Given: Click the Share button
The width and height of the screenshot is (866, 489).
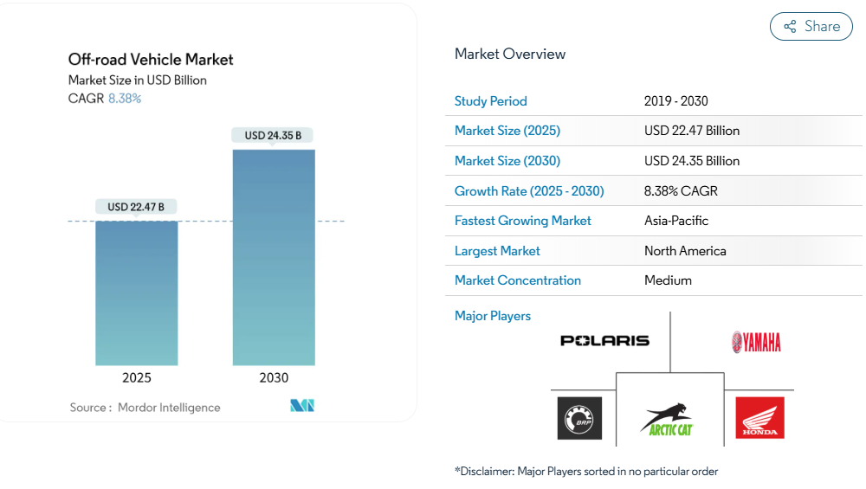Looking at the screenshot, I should [x=811, y=27].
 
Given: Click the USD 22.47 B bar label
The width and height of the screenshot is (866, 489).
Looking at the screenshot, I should [x=137, y=207].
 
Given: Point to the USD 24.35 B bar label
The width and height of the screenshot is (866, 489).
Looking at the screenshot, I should [x=273, y=135].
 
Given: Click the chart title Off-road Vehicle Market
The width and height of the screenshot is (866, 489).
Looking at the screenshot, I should [x=151, y=60].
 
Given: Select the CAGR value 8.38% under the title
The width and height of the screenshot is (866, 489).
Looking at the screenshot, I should [x=125, y=99].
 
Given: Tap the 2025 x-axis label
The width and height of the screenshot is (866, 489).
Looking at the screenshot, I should [x=137, y=378].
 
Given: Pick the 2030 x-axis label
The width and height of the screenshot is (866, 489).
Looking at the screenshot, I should [x=274, y=378].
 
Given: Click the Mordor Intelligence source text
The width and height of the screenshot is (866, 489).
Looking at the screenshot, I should [x=169, y=408].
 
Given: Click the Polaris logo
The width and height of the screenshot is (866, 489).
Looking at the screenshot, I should [x=604, y=341].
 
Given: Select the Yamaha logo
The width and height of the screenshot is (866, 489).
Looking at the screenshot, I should [x=756, y=342].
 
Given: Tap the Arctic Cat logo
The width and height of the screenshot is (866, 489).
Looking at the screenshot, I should [x=669, y=418].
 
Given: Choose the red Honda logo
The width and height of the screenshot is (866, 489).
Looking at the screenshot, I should [x=759, y=418].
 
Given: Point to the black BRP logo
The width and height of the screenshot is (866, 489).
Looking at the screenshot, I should [x=579, y=418].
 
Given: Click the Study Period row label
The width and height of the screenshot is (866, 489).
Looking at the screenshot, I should [x=491, y=101].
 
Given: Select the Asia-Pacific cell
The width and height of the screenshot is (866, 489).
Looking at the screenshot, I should [x=676, y=221].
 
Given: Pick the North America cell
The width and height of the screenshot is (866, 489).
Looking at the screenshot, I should [x=685, y=251].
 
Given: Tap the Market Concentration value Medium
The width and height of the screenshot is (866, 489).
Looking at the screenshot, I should [x=668, y=280].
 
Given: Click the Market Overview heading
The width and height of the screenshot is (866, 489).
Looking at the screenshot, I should [x=510, y=54].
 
